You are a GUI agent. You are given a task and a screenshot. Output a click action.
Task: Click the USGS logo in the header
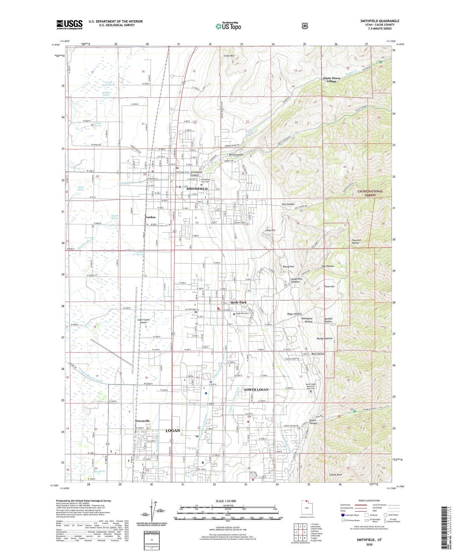[69, 25]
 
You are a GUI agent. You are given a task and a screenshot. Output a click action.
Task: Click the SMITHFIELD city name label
[197, 189]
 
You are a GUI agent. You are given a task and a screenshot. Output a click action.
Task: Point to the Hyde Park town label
[238, 303]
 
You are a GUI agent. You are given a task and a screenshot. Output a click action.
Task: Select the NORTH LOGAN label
[256, 390]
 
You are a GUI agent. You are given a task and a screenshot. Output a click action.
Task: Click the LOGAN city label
[173, 431]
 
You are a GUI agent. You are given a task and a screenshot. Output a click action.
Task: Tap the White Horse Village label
[331, 80]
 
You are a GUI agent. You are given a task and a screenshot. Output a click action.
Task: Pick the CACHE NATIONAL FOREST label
[370, 193]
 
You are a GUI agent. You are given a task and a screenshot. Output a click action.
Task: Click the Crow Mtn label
[229, 56]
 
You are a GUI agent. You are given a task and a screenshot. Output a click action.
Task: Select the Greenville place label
[142, 421]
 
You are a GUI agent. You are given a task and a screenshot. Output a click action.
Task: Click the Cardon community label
[150, 217]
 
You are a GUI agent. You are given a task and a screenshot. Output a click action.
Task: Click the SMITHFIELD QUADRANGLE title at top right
[379, 21]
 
